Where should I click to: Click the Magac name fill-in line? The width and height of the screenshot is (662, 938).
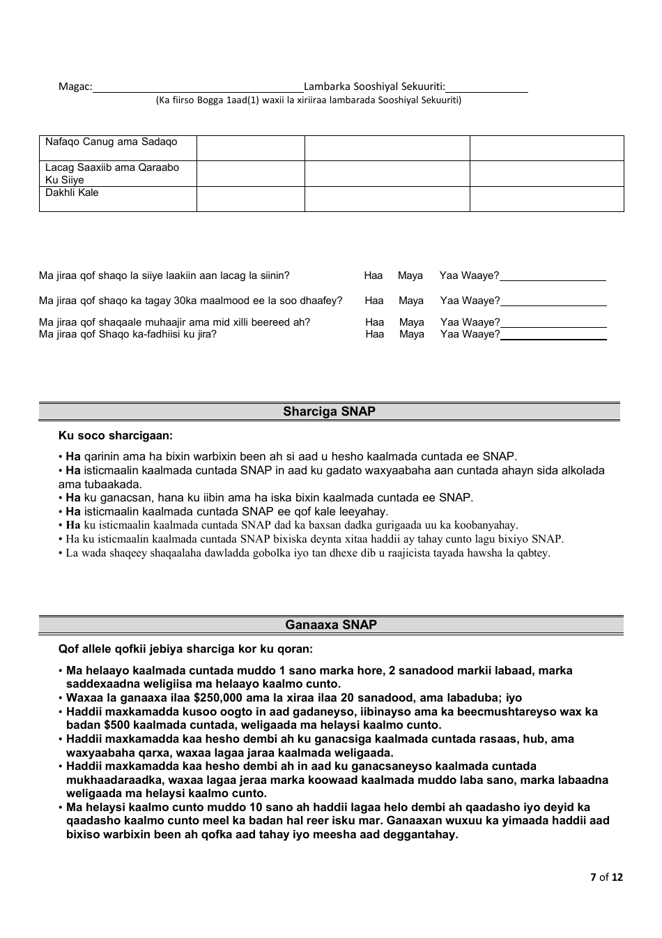[x=198, y=88]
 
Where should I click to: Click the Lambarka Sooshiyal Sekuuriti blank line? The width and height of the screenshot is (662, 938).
[x=486, y=88]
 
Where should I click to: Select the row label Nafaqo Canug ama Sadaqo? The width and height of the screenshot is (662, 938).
[x=111, y=142]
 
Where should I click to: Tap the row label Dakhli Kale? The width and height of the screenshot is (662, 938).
[x=72, y=193]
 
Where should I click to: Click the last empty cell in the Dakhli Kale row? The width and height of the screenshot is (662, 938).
[x=546, y=199]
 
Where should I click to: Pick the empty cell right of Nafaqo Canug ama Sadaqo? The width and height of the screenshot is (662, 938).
[x=250, y=148]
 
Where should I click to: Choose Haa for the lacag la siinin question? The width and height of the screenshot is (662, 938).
[x=374, y=276]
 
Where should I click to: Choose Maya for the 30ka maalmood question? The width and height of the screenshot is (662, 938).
[x=411, y=301]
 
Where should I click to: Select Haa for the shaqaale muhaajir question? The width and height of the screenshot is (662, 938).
[x=375, y=322]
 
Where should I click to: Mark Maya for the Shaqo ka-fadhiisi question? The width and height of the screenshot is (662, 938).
[x=412, y=335]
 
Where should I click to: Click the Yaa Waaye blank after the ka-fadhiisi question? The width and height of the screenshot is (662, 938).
[x=553, y=335]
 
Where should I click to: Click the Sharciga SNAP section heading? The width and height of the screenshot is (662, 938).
[x=329, y=411]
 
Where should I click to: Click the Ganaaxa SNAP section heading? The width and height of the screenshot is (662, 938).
[x=331, y=625]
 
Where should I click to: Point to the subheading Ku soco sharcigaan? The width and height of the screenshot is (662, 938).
[x=116, y=436]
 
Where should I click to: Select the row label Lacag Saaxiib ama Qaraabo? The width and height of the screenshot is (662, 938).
[x=112, y=168]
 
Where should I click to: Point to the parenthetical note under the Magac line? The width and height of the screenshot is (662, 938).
[x=308, y=100]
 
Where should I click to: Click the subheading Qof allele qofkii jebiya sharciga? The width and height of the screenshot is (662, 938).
[x=185, y=649]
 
